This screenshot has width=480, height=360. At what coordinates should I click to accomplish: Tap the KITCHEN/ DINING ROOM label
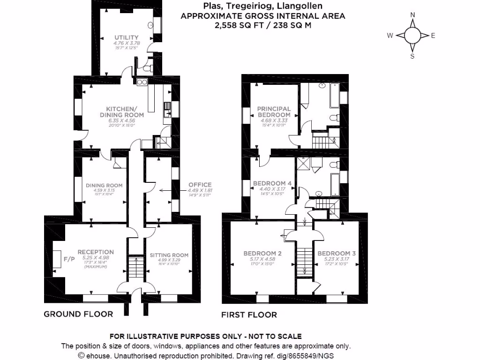coord(121,112)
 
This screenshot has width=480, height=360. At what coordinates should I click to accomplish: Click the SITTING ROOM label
coord(169,255)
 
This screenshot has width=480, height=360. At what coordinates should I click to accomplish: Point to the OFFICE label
coord(200,185)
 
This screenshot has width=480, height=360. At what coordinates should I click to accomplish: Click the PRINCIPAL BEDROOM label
coord(274,112)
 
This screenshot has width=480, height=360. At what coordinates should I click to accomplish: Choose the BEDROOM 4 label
coord(272,183)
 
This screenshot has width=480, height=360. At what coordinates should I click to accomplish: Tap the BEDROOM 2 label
coord(262,254)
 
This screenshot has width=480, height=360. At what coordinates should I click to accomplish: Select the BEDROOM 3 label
coord(337,254)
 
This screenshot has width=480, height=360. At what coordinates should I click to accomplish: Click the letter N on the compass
coord(412,15)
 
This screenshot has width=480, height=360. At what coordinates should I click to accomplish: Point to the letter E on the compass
coord(433,36)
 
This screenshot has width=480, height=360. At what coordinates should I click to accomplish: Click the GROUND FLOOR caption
coord(78,314)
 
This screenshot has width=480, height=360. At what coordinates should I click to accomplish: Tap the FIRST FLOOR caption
coord(249,315)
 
